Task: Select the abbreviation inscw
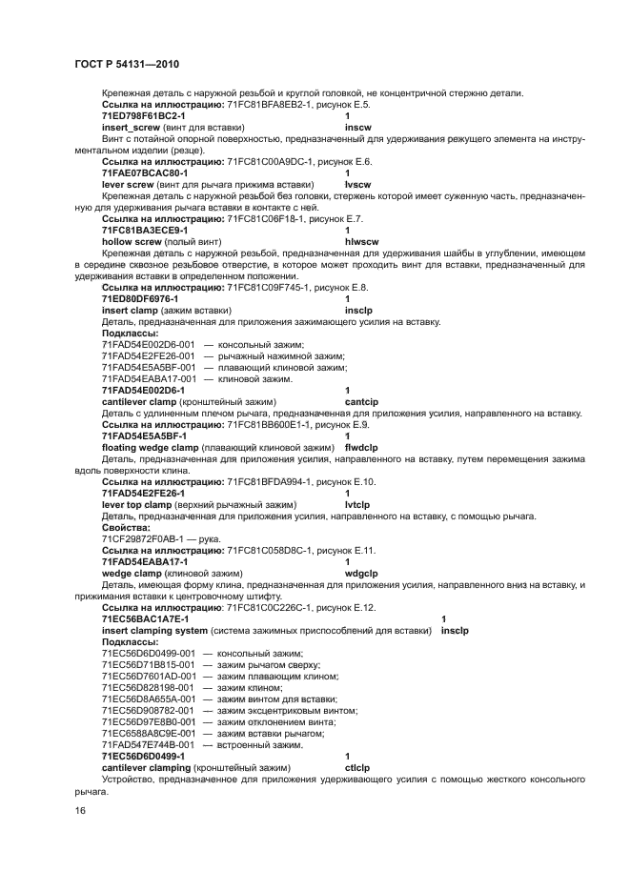tap(356, 125)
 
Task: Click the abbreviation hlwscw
tap(360, 242)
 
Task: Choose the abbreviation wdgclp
tap(363, 574)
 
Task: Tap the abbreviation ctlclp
tap(357, 767)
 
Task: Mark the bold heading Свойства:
tap(126, 527)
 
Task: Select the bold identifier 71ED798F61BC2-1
tap(143, 114)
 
